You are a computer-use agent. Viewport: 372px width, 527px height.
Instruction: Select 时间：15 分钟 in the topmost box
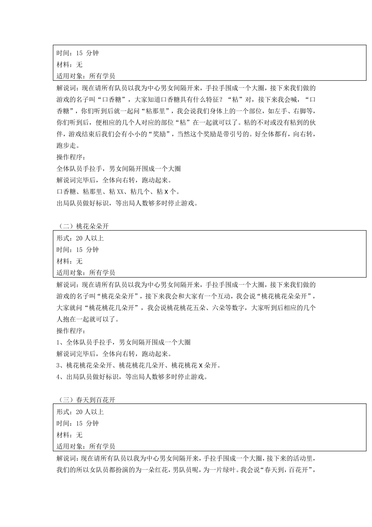pyautogui.click(x=78, y=53)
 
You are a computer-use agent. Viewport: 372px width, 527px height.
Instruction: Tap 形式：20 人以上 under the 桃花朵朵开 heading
pyautogui.click(x=80, y=238)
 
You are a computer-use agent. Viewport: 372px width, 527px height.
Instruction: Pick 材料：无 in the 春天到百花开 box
pyautogui.click(x=69, y=435)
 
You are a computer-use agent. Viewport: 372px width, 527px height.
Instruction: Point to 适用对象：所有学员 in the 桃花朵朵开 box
pyautogui.click(x=86, y=273)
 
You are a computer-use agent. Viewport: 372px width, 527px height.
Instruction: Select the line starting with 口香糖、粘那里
pyautogui.click(x=118, y=192)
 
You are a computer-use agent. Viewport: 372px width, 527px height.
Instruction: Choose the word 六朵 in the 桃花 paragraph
pyautogui.click(x=219, y=307)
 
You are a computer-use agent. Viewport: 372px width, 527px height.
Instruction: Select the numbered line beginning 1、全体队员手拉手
pyautogui.click(x=124, y=342)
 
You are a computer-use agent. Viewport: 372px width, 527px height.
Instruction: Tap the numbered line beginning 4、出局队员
pyautogui.click(x=132, y=377)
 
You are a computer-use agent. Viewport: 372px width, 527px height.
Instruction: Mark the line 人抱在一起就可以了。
pyautogui.click(x=88, y=319)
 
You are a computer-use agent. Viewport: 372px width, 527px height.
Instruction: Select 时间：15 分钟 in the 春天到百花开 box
pyautogui.click(x=78, y=423)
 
